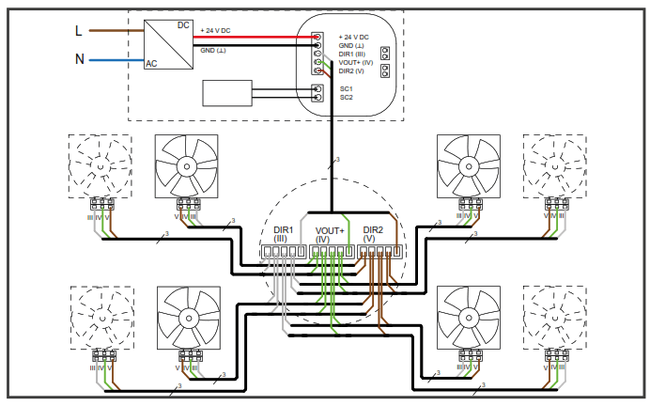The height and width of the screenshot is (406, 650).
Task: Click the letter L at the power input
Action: (79, 30)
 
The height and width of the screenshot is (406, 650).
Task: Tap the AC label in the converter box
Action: (151, 64)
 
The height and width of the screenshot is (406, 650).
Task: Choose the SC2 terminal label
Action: (346, 97)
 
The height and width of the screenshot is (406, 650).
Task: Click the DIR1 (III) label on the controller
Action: (353, 54)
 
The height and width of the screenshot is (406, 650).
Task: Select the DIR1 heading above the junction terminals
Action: (283, 230)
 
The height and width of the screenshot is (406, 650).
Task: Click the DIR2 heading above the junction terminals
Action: (374, 230)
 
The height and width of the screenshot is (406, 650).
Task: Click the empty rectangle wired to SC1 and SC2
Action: (226, 93)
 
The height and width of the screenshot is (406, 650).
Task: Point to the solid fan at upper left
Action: (186, 165)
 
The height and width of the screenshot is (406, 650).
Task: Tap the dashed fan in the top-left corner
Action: (100, 165)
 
